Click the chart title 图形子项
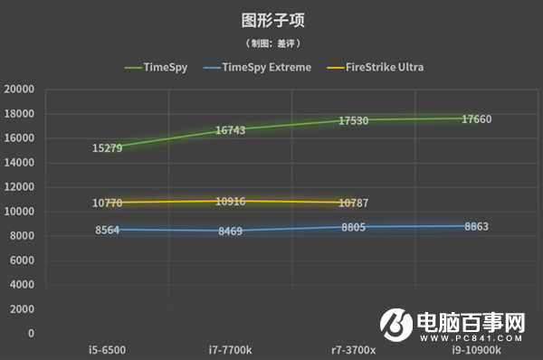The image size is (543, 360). tap(271, 19)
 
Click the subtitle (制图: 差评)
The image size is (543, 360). tap(271, 43)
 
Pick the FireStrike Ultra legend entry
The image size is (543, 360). tap(386, 67)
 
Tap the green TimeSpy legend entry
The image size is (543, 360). tap(166, 67)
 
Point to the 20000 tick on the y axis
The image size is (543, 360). tap(19, 90)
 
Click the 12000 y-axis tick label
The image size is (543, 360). tap(19, 187)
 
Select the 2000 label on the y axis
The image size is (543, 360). tap(23, 309)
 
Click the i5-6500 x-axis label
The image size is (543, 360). tap(107, 348)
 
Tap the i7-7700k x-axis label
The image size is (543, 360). tap(229, 348)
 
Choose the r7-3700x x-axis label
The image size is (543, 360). tap(353, 348)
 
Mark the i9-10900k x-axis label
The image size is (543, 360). tap(475, 348)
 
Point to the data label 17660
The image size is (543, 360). tap(476, 118)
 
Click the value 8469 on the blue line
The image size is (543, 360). tap(230, 232)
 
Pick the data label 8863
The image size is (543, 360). tap(476, 226)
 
